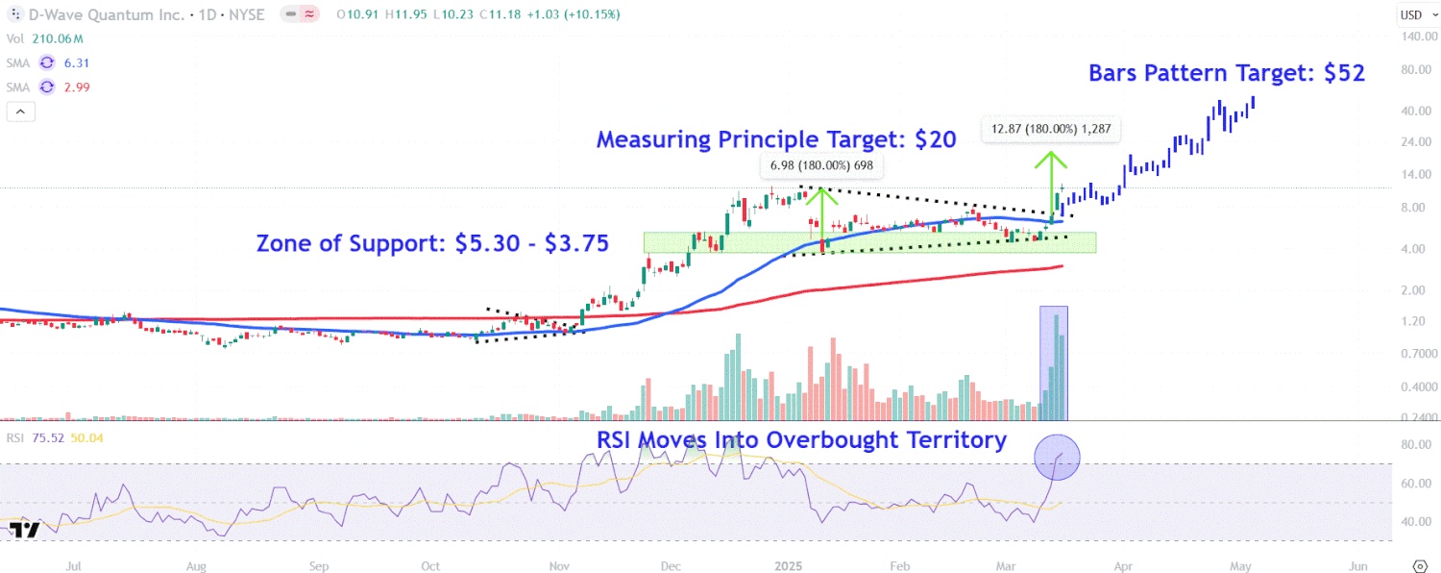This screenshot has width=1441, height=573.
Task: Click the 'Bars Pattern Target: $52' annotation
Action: (1226, 74)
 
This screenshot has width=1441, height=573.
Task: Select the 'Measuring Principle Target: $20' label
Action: (775, 139)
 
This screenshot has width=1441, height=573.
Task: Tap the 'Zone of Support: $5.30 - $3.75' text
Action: (432, 244)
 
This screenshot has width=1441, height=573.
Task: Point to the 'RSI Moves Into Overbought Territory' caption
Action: (801, 440)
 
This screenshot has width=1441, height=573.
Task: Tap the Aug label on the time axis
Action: (196, 566)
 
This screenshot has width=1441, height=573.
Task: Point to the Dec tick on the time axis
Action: (672, 566)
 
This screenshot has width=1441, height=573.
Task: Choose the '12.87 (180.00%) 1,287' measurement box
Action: (1051, 129)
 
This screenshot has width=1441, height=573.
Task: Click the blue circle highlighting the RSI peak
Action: (1057, 457)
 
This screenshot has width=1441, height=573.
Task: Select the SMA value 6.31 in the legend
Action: (76, 62)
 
